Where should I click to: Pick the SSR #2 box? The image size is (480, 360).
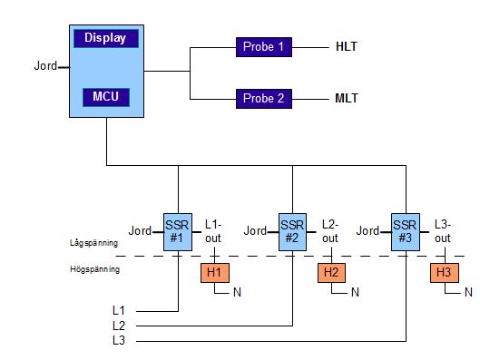coord(291,231)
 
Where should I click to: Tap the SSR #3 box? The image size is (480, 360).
coord(406,231)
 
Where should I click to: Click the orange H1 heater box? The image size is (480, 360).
coord(214,272)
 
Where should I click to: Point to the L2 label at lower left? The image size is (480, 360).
coord(118,326)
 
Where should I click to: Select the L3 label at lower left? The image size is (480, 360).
coord(118,340)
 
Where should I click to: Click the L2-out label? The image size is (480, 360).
coord(330,230)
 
